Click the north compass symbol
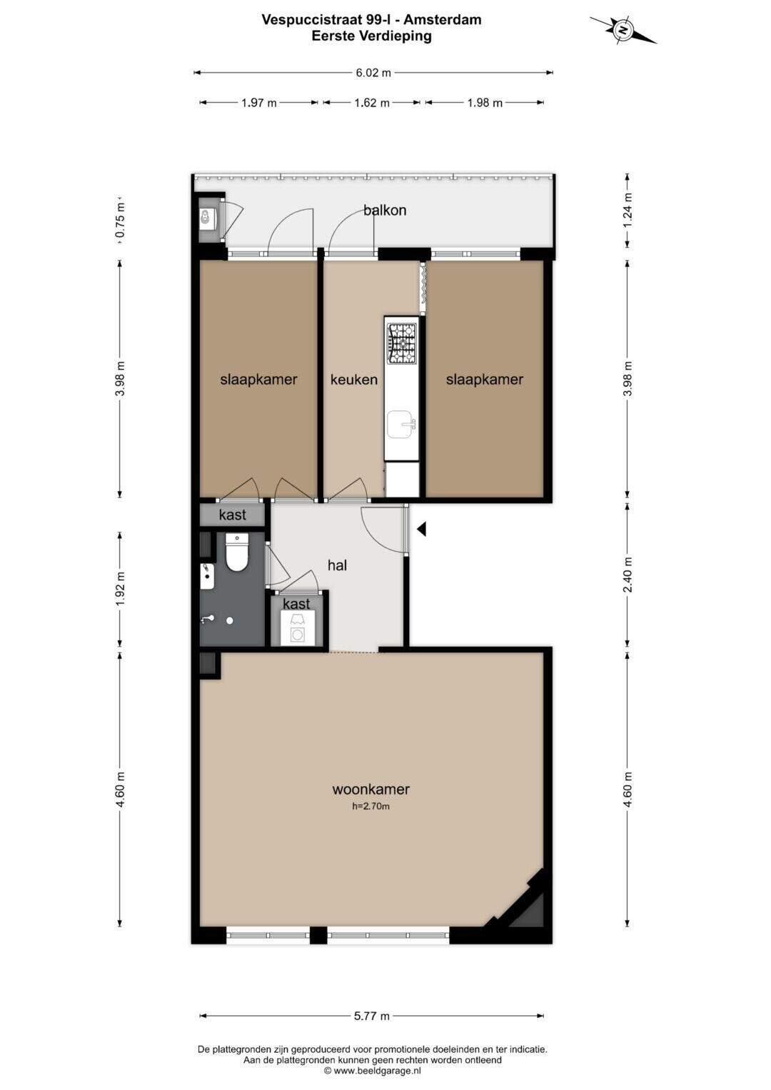(x=623, y=30)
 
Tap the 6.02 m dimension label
(x=373, y=73)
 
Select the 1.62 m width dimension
(x=372, y=103)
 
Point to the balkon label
(x=385, y=210)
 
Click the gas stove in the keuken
(x=402, y=343)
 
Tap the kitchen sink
(x=402, y=424)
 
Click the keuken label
(x=354, y=380)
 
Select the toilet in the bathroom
(x=237, y=552)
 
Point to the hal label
(x=337, y=565)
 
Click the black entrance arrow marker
(x=421, y=529)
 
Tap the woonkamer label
(x=371, y=789)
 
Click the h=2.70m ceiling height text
(x=371, y=807)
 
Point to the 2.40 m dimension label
(x=628, y=575)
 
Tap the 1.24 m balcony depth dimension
(x=628, y=211)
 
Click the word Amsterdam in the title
(x=443, y=20)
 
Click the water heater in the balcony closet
(x=209, y=217)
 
